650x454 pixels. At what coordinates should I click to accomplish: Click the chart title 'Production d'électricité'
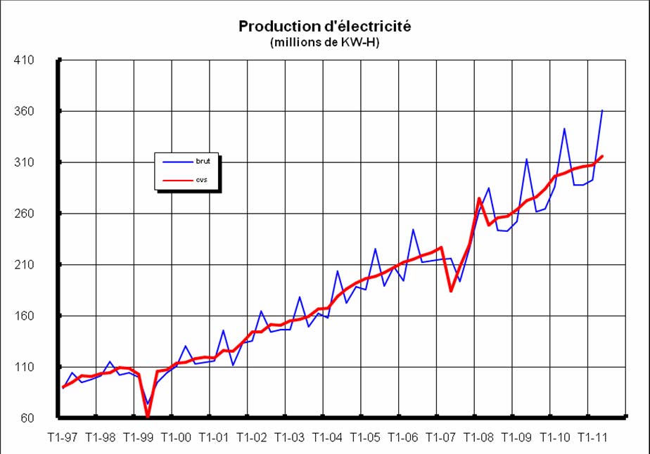pyautogui.click(x=324, y=26)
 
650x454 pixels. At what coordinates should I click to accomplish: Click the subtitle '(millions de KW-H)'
pyautogui.click(x=324, y=42)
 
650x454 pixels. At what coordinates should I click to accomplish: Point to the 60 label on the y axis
pyautogui.click(x=27, y=419)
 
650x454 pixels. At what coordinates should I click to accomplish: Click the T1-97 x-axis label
pyautogui.click(x=62, y=437)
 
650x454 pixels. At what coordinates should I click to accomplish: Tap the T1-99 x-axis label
pyautogui.click(x=137, y=437)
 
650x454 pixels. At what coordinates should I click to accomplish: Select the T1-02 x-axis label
pyautogui.click(x=251, y=437)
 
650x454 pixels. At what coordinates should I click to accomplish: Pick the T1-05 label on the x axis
pyautogui.click(x=365, y=437)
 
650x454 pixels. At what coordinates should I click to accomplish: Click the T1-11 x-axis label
pyautogui.click(x=592, y=437)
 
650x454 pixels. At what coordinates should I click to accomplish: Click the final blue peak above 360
pyautogui.click(x=602, y=110)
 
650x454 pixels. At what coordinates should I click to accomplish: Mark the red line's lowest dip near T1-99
pyautogui.click(x=148, y=417)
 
